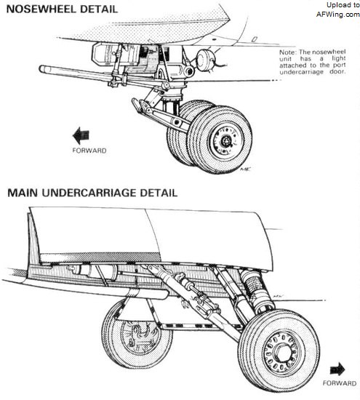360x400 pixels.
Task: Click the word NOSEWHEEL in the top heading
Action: (41, 9)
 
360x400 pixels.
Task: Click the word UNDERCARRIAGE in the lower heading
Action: (89, 193)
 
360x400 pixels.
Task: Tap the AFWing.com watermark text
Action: (337, 15)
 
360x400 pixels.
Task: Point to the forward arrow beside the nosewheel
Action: (81, 135)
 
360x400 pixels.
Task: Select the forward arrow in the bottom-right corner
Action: (337, 369)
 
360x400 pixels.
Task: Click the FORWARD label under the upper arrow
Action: (89, 151)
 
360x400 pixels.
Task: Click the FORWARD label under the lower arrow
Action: (340, 383)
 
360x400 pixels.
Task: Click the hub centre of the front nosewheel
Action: (225, 140)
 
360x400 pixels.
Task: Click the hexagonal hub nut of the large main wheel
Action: (282, 353)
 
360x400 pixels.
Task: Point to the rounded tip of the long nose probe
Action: (41, 68)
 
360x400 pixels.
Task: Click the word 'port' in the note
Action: (340, 65)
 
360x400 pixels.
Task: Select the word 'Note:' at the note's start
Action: (288, 52)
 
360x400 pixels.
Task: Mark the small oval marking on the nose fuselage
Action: (255, 39)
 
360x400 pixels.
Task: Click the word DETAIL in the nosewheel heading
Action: (99, 9)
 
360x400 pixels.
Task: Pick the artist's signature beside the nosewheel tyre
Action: (245, 169)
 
